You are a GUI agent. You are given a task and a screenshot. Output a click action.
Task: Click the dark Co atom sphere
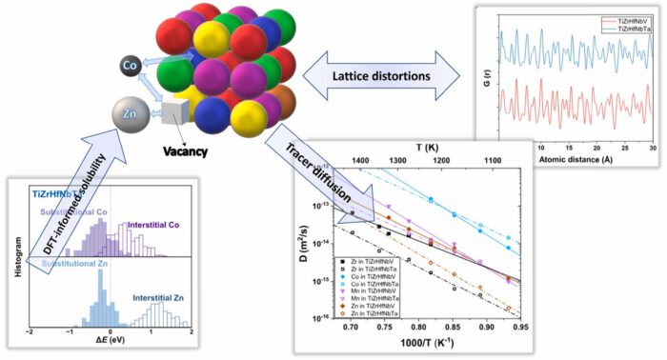[133, 65]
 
